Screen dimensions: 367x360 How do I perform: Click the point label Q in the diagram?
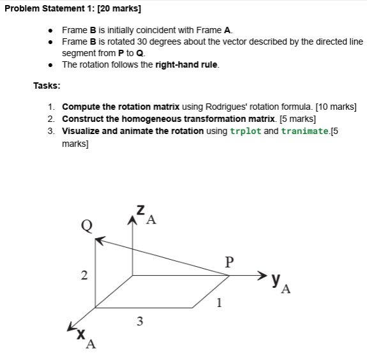tap(86, 224)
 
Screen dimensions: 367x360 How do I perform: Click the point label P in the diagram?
tap(229, 261)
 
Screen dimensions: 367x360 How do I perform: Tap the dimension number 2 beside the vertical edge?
tap(84, 276)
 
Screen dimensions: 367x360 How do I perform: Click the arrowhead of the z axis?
tap(133, 220)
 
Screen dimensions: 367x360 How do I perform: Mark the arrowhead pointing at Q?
tap(100, 241)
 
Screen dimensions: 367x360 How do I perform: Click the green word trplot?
tap(245, 131)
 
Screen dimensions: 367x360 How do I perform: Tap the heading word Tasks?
tap(47, 86)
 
